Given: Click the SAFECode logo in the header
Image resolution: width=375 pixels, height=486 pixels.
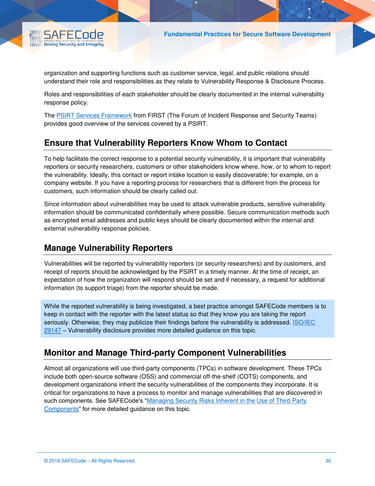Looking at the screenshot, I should coord(67,38).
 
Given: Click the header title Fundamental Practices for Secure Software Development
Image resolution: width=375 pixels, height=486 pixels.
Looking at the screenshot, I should coord(247,34).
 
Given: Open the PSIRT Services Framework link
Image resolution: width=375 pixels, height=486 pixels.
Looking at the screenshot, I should coord(94,115).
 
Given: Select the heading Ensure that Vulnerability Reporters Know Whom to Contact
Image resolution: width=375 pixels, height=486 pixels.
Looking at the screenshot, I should coord(165,143).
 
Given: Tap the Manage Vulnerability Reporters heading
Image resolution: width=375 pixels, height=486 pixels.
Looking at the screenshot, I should coord(108,248).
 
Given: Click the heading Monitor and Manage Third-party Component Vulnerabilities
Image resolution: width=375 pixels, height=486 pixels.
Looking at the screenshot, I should coord(165,352).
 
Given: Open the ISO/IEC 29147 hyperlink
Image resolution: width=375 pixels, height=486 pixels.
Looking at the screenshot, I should coord(303,322).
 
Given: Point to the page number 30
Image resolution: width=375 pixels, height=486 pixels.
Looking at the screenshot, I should coord(328,461).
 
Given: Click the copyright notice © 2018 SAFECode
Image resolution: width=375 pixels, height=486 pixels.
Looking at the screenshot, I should coord(90,461).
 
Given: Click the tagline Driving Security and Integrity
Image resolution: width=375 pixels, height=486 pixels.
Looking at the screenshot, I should coord(73,45).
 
